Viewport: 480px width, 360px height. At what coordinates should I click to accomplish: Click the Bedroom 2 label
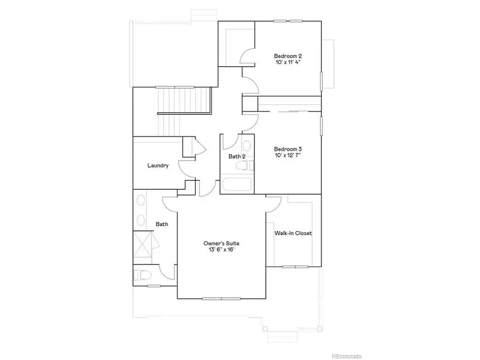pos(289,56)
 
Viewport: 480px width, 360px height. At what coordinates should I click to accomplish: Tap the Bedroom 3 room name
pos(289,149)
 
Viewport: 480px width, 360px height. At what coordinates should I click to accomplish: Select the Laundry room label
pos(158,165)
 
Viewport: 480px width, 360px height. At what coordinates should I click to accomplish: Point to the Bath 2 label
pos(237,157)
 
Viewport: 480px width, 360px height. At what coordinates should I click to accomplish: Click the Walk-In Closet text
pos(293,233)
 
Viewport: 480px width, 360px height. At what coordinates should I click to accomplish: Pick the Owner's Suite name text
pos(221,243)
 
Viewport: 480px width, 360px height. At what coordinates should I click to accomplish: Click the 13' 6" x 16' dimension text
pos(221,250)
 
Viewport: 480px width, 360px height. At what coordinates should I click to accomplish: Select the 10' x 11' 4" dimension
pos(289,63)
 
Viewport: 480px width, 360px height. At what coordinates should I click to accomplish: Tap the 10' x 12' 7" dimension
pos(289,156)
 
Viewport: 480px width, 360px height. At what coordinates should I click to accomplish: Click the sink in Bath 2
pos(246,146)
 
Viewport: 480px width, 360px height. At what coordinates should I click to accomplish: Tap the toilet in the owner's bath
pos(142,275)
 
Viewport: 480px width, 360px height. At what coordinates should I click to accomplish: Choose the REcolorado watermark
pos(347,356)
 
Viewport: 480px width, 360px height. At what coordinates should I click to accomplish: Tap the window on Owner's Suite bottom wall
pos(221,299)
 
